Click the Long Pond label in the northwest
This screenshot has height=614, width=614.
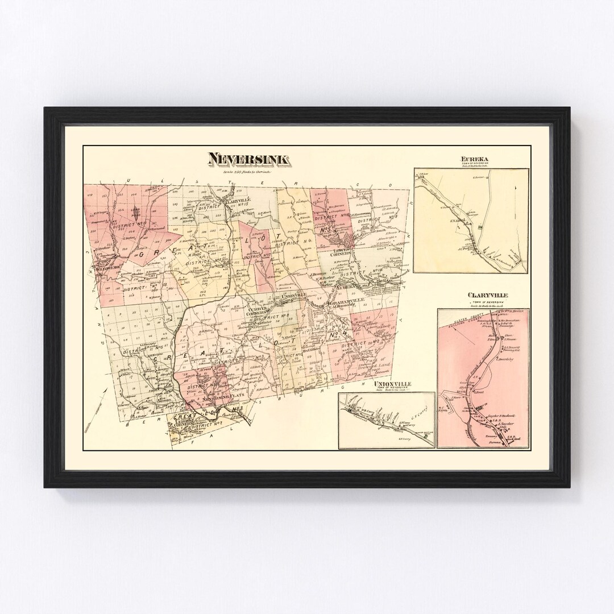135,209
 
